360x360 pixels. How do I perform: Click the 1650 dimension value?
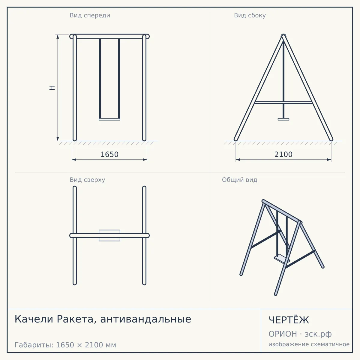109,154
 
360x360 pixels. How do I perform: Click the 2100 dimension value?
283,154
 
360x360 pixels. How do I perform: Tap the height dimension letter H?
52,88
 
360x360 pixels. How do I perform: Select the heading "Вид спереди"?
90,15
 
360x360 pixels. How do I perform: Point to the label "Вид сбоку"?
250,15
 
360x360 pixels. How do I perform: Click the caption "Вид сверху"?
87,180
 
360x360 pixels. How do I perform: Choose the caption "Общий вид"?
239,180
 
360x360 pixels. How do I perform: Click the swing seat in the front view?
109,119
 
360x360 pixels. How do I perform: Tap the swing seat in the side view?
283,119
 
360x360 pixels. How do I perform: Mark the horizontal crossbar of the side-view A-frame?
283,103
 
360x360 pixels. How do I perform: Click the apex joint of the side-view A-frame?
283,36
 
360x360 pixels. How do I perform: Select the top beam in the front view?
109,36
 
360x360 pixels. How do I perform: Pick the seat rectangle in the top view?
109,235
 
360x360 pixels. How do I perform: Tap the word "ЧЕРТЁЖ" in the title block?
289,320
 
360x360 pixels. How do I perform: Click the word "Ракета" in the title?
75,319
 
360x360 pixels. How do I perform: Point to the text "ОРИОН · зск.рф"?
300,334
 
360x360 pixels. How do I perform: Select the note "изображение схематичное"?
309,344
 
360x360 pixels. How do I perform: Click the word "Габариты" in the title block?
34,345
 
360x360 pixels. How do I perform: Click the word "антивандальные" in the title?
146,319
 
